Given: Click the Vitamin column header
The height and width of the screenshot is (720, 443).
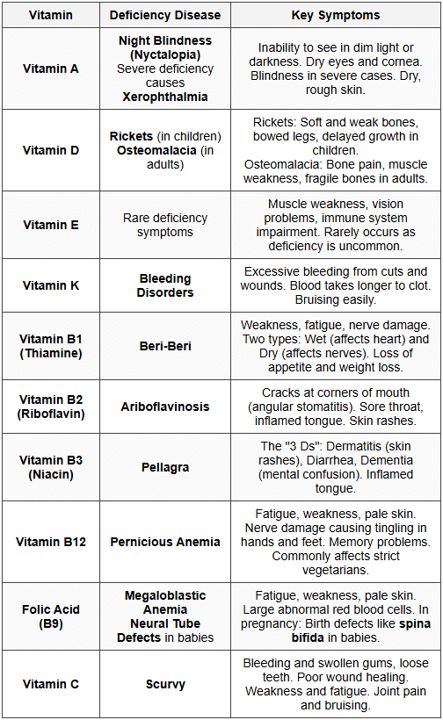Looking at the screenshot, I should pos(50,15).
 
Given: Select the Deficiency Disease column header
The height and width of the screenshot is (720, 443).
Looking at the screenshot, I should pos(164,15).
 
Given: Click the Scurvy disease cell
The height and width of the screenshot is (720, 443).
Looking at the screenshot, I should pos(164,684).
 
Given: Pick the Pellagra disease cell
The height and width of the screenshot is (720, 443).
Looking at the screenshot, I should pos(164,468).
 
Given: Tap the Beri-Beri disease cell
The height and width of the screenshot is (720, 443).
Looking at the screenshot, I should pos(164,347).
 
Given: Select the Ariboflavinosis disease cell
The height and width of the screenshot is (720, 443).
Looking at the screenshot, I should pos(164,407).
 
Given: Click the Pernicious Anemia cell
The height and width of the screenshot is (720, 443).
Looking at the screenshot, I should pos(164,542).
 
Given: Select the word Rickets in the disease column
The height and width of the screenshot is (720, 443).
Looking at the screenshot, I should pos(132,136).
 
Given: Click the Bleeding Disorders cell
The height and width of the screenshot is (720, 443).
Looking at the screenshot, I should pos(164,285).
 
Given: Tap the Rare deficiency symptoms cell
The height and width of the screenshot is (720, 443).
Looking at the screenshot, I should pos(164,225).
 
